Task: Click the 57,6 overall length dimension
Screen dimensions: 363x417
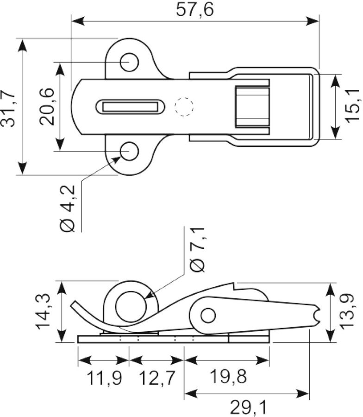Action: click(195, 10)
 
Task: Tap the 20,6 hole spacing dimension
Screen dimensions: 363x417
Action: click(47, 107)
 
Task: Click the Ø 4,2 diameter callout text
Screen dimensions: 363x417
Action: click(68, 208)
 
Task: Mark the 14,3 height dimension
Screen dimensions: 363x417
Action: click(44, 311)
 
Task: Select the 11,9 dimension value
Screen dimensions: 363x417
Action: click(104, 378)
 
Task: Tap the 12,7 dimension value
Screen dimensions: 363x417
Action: click(157, 378)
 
